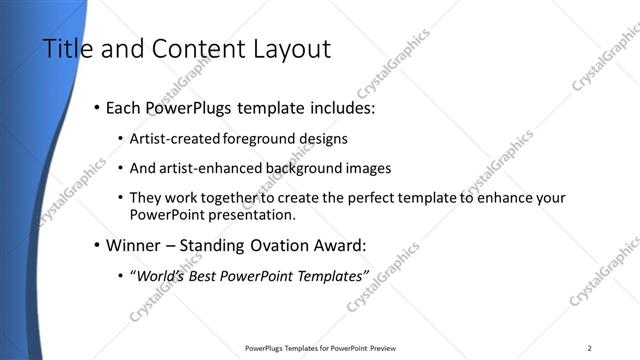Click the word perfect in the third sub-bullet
click(379, 198)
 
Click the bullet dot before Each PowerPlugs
click(96, 108)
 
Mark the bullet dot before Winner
click(96, 244)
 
